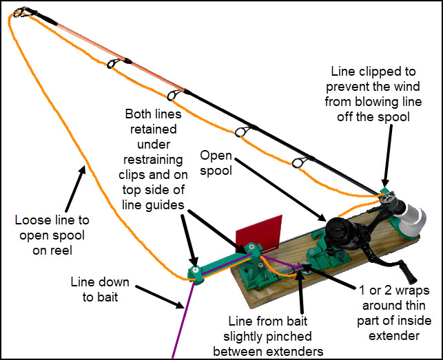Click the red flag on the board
260,231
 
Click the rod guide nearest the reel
298,162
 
